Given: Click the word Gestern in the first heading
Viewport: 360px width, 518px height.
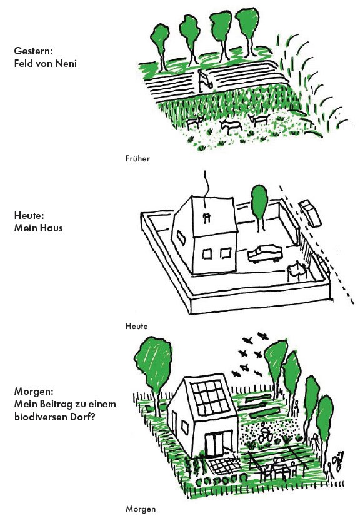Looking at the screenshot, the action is (x=33, y=51).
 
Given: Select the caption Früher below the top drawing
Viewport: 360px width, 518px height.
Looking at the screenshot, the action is (x=137, y=158).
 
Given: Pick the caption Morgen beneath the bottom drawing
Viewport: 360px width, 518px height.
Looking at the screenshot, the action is (x=140, y=509).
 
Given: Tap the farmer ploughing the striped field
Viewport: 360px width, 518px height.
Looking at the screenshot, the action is (x=204, y=81).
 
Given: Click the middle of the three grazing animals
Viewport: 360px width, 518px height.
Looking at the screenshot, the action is (x=231, y=126).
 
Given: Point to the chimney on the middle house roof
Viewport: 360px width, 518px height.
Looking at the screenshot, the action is (x=207, y=218).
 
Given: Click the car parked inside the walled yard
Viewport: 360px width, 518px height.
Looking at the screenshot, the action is (x=266, y=253).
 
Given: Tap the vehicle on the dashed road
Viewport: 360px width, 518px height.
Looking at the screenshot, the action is (x=310, y=213).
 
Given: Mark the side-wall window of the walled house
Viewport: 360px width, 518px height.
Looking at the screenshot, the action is (x=181, y=237).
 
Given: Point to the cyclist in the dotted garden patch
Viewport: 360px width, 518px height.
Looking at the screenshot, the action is (x=265, y=436).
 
